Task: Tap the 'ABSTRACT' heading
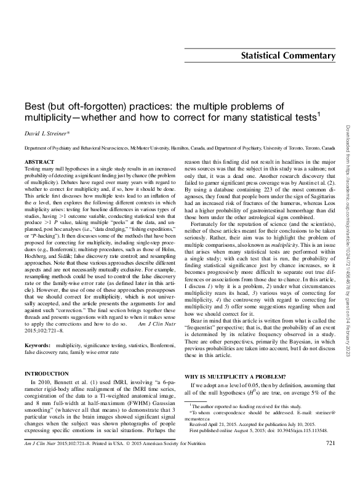click(x=38, y=161)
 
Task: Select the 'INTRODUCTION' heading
click(x=46, y=374)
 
